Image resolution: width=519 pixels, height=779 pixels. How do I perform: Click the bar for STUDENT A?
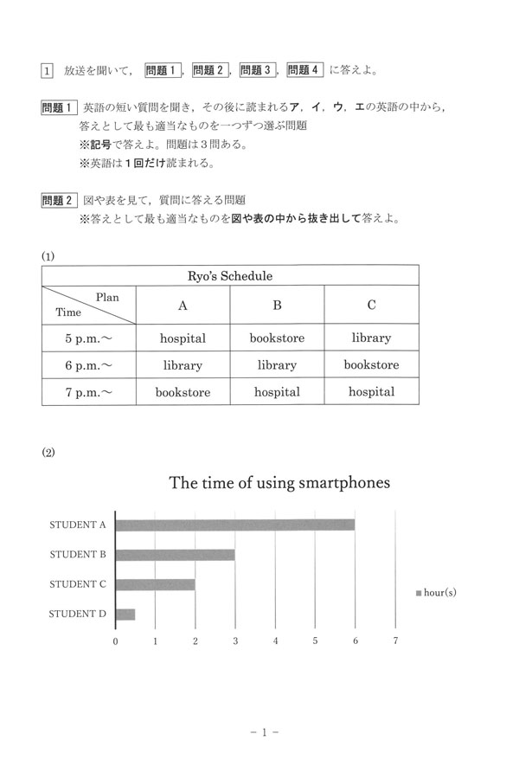tap(234, 525)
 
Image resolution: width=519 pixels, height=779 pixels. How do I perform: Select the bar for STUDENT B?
tap(175, 555)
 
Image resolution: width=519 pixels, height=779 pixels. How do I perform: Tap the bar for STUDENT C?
tap(155, 584)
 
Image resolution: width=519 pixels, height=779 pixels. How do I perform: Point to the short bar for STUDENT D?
tap(125, 615)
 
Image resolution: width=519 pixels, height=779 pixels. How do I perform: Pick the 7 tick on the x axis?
tap(395, 641)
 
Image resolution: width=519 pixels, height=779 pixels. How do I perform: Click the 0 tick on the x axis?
tap(116, 641)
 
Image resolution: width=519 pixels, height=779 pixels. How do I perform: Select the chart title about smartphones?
tap(279, 482)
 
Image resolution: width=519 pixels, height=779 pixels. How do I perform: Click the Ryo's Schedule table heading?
tap(230, 276)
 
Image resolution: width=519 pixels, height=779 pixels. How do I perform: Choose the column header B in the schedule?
tap(278, 306)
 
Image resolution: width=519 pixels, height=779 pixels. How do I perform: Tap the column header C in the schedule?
tap(371, 306)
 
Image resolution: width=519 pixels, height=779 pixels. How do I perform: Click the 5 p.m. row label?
tap(88, 338)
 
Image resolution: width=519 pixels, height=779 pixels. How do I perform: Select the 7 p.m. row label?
tap(88, 392)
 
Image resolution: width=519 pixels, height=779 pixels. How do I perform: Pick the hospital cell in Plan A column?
tap(183, 338)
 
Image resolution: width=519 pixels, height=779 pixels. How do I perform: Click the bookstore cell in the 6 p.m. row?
tap(371, 365)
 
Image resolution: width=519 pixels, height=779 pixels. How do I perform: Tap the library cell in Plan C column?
tap(371, 338)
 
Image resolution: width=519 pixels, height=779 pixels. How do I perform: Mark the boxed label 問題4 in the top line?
tap(304, 70)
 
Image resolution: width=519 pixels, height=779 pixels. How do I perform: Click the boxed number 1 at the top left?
tap(48, 70)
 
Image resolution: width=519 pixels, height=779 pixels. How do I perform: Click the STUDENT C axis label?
tap(78, 584)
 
